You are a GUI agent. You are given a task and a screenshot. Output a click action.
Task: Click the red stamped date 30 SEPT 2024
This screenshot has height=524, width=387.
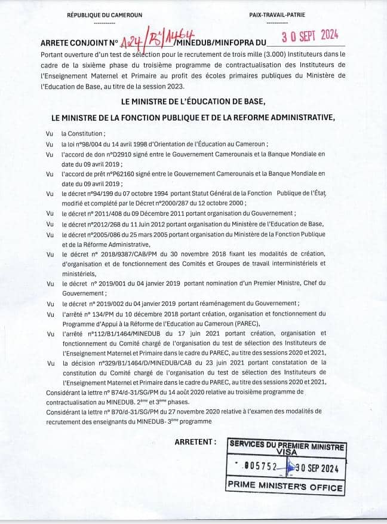pyautogui.click(x=309, y=36)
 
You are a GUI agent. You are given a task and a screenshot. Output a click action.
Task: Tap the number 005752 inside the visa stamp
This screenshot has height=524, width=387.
pyautogui.click(x=256, y=468)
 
